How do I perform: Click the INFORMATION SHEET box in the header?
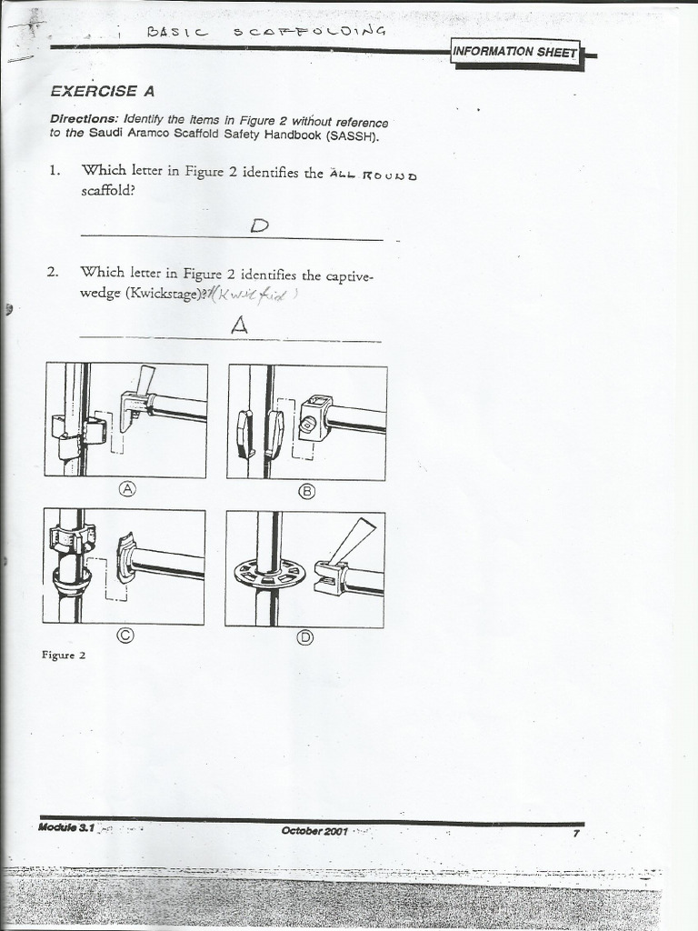(x=515, y=52)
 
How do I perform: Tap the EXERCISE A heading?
(x=102, y=91)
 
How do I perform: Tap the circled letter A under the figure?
(x=128, y=489)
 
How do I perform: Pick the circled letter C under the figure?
(x=126, y=636)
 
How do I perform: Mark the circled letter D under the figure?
(x=305, y=637)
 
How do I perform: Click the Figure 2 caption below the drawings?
(x=63, y=655)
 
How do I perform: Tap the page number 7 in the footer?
(x=575, y=831)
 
